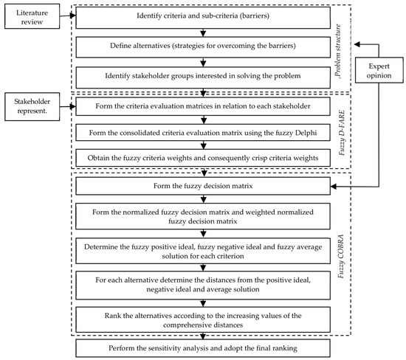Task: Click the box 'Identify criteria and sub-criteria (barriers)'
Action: tap(203, 16)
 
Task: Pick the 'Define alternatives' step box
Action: tap(203, 46)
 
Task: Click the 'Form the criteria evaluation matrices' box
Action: tap(203, 108)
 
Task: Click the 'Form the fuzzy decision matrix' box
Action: tap(203, 190)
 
